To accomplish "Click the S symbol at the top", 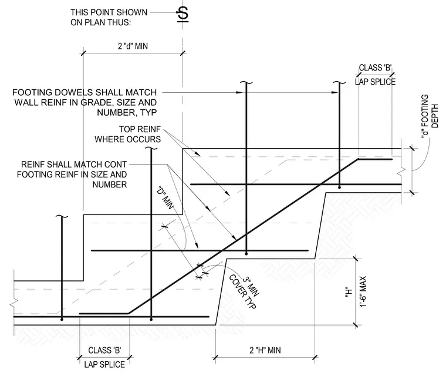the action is coord(183,14).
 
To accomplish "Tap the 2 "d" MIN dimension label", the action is coord(133,46).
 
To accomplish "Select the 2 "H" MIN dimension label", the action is coord(265,350).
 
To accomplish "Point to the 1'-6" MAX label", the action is coord(363,291).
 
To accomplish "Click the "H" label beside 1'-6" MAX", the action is coord(349,292).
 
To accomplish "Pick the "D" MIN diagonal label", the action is coord(165,197).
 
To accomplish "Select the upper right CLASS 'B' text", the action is coord(375,68).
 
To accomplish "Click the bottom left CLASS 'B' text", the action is coord(104,350).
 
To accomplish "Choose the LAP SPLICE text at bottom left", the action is coord(104,364).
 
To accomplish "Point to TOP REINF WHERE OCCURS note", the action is coord(128,134).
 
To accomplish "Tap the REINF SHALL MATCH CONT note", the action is coord(72,175).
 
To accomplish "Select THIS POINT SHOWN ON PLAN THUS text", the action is coord(109,18).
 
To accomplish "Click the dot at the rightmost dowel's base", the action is coord(339,187).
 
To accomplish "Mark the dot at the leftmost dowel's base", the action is coord(62,320).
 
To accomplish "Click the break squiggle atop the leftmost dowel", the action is coord(62,217).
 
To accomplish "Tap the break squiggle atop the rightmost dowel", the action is coord(339,83).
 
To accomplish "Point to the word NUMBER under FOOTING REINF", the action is coord(110,185).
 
